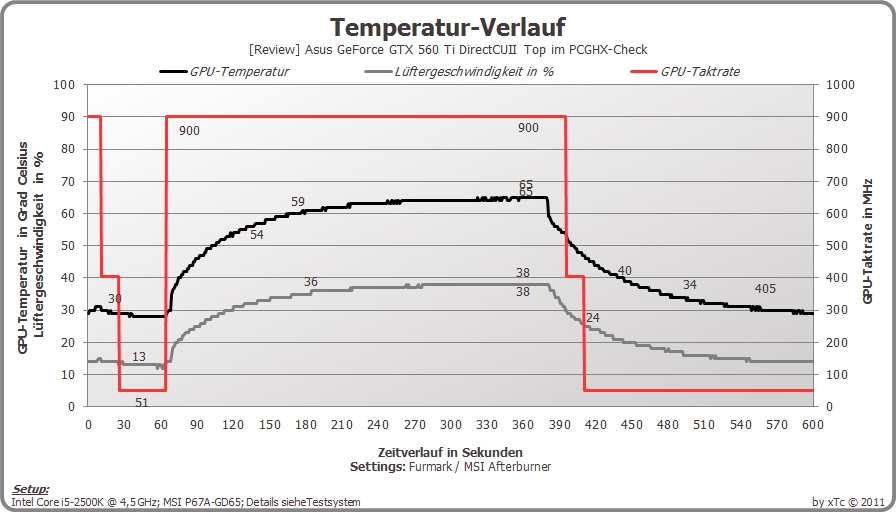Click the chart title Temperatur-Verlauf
click(448, 27)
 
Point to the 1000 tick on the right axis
click(840, 85)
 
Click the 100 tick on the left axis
click(64, 85)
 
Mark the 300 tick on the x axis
click(450, 425)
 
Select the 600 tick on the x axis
click(813, 425)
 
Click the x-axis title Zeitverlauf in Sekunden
click(450, 452)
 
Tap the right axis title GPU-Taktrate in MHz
click(867, 241)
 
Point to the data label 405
click(765, 289)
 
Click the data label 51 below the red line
click(141, 402)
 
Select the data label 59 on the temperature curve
click(298, 202)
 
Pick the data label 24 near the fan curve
click(593, 317)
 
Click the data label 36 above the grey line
click(311, 282)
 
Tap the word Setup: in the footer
click(31, 489)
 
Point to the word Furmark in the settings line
click(430, 466)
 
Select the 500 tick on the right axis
click(840, 246)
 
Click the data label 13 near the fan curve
click(139, 357)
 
